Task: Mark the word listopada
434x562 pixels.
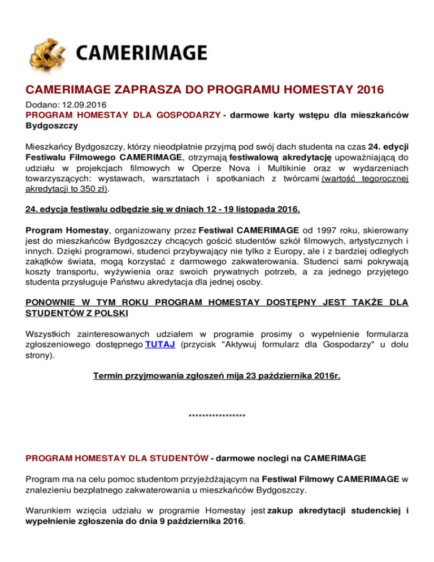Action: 242,209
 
